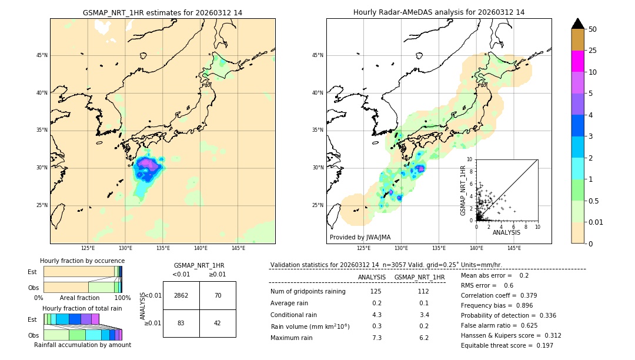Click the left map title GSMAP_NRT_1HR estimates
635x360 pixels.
pyautogui.click(x=162, y=12)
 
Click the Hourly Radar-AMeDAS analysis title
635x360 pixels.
pyautogui.click(x=439, y=12)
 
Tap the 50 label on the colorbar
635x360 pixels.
pyautogui.click(x=593, y=29)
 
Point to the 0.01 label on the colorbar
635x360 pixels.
pyautogui.click(x=596, y=222)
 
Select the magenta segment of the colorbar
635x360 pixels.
pyautogui.click(x=577, y=61)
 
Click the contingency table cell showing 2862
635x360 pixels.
pyautogui.click(x=181, y=295)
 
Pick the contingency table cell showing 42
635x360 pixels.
pyautogui.click(x=218, y=323)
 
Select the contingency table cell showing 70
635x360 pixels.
pyautogui.click(x=218, y=295)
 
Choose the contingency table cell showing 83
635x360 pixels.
pyautogui.click(x=181, y=323)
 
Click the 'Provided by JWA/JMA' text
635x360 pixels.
pyautogui.click(x=360, y=237)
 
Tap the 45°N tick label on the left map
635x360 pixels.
pyautogui.click(x=42, y=55)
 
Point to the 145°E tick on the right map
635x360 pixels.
pyautogui.click(x=514, y=248)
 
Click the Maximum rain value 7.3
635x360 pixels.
pyautogui.click(x=377, y=338)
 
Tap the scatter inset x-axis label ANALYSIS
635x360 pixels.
pyautogui.click(x=506, y=232)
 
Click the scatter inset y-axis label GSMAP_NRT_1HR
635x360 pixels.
pyautogui.click(x=463, y=190)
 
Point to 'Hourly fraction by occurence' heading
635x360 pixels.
pyautogui.click(x=82, y=261)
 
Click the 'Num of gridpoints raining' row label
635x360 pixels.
pyautogui.click(x=308, y=291)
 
